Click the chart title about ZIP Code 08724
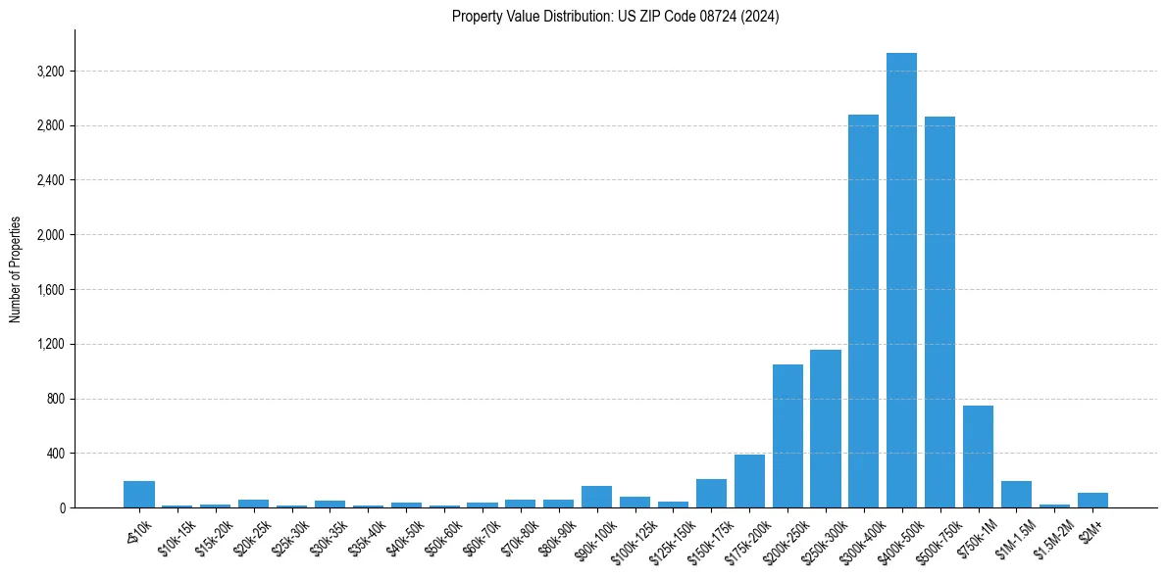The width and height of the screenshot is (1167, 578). click(615, 17)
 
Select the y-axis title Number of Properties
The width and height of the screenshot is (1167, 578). click(16, 268)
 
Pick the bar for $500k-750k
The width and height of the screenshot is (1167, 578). click(939, 313)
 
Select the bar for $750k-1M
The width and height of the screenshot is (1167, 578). click(978, 457)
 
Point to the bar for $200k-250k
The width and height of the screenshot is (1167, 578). click(787, 436)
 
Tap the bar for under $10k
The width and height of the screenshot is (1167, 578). click(139, 495)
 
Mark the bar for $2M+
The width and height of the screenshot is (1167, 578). click(1092, 501)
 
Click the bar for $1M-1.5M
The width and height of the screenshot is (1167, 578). click(1016, 495)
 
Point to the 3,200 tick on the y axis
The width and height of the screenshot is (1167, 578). click(49, 72)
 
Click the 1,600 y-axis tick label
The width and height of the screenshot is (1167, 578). click(49, 290)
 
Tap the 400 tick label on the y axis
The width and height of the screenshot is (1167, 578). click(55, 454)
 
